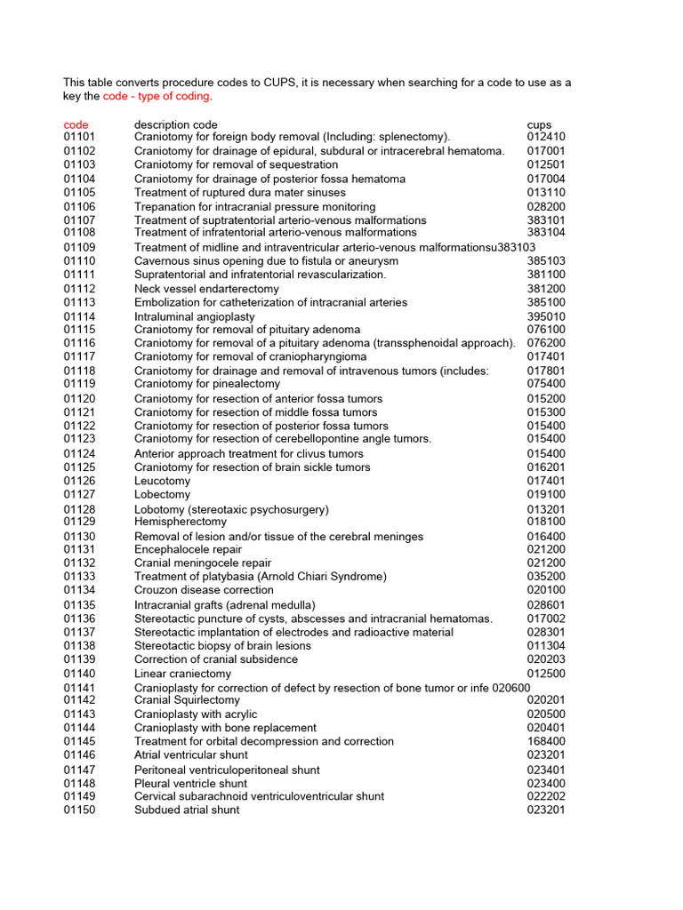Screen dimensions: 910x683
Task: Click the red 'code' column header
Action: pos(76,124)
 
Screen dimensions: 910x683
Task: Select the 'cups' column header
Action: pos(539,124)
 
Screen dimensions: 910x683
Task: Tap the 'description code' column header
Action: pos(175,124)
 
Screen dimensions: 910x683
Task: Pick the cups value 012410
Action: pos(545,137)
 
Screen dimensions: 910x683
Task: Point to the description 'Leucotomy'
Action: pos(162,481)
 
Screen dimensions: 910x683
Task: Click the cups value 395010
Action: pos(545,316)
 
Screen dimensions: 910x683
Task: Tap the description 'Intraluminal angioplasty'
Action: pos(194,316)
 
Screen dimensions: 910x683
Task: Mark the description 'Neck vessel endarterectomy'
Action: pos(206,289)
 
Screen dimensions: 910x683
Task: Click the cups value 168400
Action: pos(545,741)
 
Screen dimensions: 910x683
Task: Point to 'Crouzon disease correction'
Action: pos(204,590)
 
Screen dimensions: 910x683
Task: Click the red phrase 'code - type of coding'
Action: pos(157,96)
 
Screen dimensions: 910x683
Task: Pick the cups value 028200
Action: pos(545,206)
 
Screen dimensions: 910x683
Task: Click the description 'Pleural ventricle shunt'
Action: pos(190,783)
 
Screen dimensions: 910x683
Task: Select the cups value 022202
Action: pos(545,796)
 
